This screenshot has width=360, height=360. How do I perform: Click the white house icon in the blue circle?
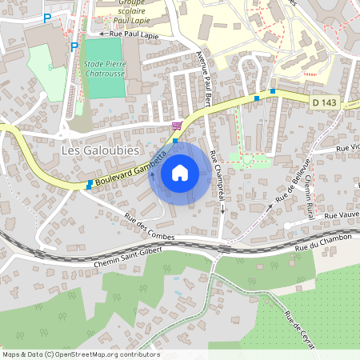180,172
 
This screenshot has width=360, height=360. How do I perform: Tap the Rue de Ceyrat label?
301,331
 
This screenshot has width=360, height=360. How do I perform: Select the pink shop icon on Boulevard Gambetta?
176,126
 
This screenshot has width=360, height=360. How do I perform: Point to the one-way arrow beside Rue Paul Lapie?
102,34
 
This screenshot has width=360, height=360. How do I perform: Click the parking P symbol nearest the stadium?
74,46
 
